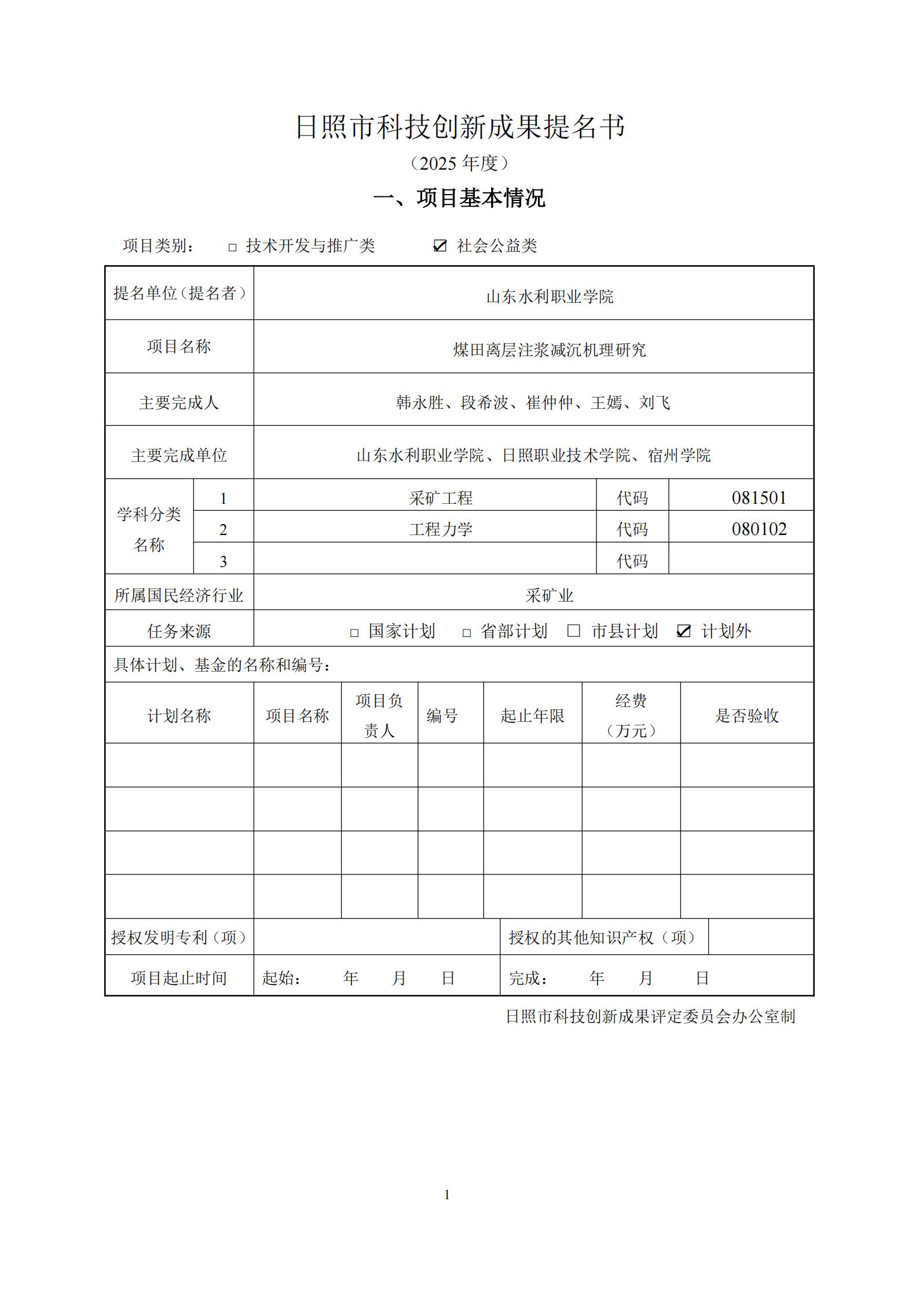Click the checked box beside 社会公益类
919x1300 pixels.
440,246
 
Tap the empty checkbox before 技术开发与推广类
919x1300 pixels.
232,247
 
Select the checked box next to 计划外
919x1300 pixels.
683,631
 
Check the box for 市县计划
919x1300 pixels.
573,631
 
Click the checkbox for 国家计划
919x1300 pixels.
354,633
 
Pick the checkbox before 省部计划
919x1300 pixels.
466,633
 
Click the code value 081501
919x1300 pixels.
759,498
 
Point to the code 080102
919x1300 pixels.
759,529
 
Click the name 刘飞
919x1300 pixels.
654,402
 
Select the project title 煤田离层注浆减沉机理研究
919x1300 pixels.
549,350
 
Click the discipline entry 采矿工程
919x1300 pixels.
441,498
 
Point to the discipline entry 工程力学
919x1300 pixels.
441,529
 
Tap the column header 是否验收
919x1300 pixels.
746,716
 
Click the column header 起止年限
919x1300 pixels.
532,716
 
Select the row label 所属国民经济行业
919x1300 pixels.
179,595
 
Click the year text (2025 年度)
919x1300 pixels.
459,163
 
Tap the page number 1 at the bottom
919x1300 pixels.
446,1195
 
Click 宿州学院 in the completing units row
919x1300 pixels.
679,456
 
